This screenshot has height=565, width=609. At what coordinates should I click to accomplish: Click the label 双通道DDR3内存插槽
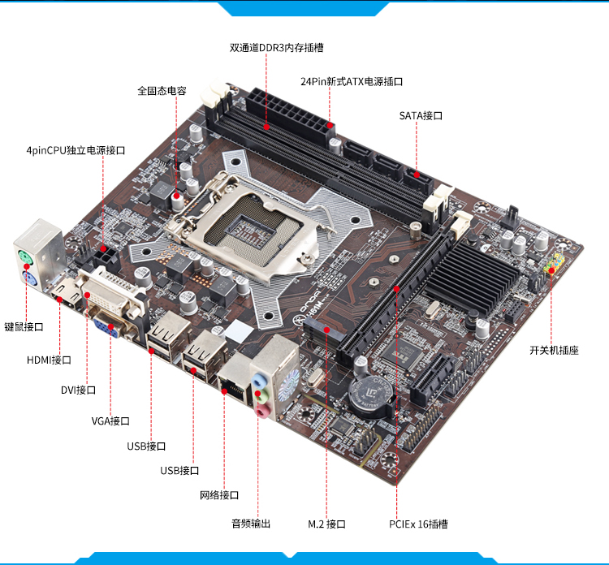(x=276, y=48)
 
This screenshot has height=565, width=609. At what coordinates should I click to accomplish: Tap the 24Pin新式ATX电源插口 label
(x=352, y=81)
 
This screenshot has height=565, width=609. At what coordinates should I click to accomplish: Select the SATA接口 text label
(x=421, y=116)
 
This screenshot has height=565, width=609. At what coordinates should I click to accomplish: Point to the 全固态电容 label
(x=162, y=91)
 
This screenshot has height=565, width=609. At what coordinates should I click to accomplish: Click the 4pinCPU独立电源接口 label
(x=76, y=151)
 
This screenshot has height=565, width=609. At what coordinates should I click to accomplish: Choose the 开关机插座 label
(x=554, y=350)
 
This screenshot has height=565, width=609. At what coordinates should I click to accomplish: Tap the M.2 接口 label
(x=326, y=524)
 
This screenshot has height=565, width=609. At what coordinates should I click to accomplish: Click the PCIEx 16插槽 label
(x=418, y=524)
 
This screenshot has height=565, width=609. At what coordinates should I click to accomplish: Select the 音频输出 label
(x=251, y=524)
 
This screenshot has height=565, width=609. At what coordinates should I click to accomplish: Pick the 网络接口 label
(x=219, y=495)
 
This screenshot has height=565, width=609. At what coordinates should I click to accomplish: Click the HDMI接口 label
(x=49, y=360)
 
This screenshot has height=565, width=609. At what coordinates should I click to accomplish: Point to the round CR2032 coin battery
(x=370, y=396)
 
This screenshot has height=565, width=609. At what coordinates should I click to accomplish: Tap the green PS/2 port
(x=26, y=257)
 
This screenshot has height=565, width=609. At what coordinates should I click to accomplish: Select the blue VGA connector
(x=106, y=326)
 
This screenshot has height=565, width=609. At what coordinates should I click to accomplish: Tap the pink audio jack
(x=261, y=411)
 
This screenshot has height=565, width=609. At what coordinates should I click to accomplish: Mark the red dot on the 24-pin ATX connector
(x=330, y=125)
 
